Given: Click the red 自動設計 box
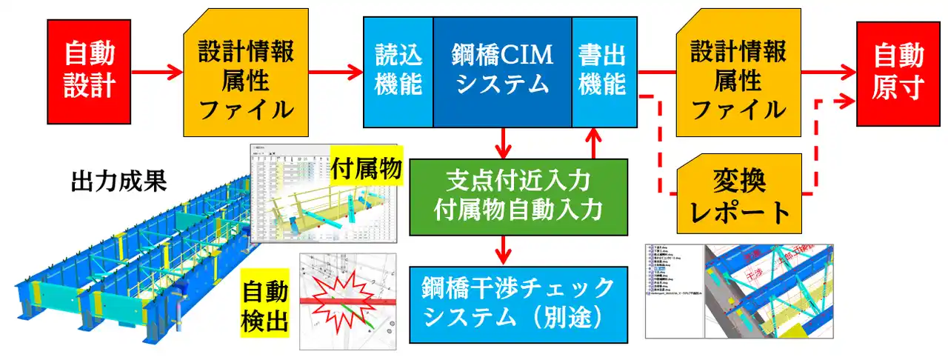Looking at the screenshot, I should [x=90, y=71].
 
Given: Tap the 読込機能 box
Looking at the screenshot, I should [x=398, y=71].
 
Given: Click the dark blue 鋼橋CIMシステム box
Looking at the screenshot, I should [x=501, y=71].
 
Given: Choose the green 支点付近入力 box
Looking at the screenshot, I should [x=518, y=193].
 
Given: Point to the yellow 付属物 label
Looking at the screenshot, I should [x=367, y=168].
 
